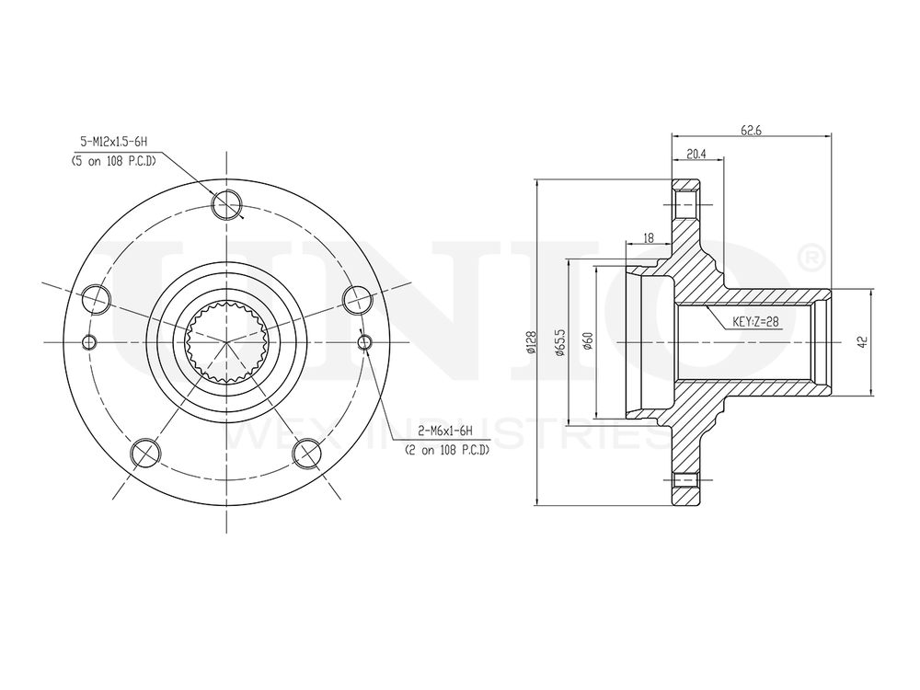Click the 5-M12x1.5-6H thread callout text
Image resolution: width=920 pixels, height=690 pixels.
[x=114, y=142]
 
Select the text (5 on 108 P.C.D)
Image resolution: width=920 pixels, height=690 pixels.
[x=113, y=160]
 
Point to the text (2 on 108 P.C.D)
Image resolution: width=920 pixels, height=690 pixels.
[x=446, y=450]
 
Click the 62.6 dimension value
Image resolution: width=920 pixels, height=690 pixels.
[x=751, y=131]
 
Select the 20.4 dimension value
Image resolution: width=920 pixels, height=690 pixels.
[x=696, y=155]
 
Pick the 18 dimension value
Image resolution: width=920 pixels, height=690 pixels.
[x=648, y=237]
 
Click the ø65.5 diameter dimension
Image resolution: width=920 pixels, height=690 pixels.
[x=559, y=342]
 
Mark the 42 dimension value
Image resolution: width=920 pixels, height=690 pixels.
[x=861, y=341]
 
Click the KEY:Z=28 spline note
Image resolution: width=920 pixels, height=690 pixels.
[x=755, y=322]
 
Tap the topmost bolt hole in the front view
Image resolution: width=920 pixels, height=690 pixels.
[x=226, y=204]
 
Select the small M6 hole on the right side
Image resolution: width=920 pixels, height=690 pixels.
[x=364, y=343]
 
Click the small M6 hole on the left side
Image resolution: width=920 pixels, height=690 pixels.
[x=89, y=343]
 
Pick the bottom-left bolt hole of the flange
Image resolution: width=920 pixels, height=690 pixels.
[x=143, y=452]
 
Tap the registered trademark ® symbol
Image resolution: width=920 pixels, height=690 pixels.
[x=808, y=259]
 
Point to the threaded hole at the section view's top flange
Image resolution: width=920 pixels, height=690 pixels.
[x=685, y=202]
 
